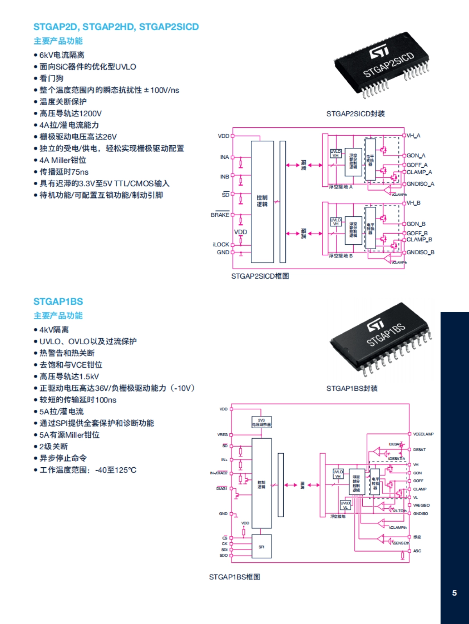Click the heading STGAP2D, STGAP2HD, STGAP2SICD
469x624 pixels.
[116, 27]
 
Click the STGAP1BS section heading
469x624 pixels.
[58, 302]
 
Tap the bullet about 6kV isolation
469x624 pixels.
[62, 55]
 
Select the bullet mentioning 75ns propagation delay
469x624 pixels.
[64, 172]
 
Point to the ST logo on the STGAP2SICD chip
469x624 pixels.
[379, 51]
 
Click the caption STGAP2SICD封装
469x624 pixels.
[355, 114]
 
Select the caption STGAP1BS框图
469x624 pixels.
[234, 577]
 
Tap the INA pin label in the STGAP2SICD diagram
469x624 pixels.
[224, 157]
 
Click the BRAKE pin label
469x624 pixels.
[220, 215]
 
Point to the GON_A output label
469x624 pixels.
[416, 156]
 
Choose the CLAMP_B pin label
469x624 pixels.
[419, 240]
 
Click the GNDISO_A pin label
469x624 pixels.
[420, 184]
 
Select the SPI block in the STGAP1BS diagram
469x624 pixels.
[261, 547]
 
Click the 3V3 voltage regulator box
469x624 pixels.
[261, 422]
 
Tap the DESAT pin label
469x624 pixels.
[419, 450]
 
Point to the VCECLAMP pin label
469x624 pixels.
[423, 434]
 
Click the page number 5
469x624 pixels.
[454, 593]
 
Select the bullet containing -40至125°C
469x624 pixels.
[88, 470]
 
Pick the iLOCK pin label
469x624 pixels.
[221, 245]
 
